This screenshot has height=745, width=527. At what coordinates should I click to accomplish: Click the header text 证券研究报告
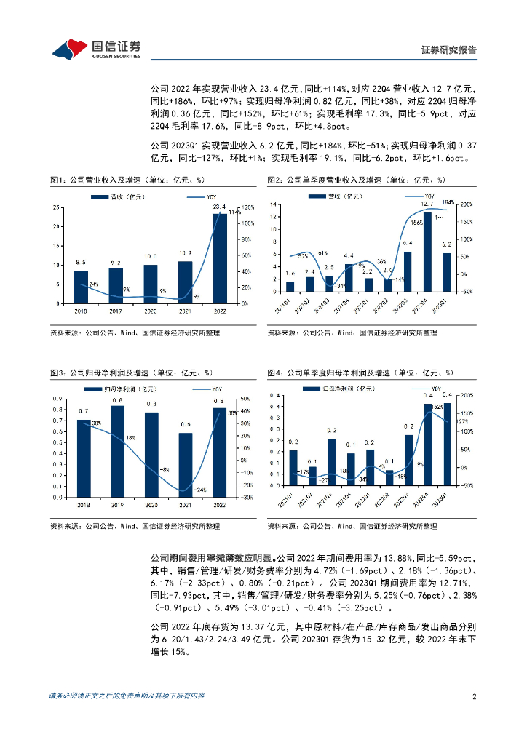pos(449,50)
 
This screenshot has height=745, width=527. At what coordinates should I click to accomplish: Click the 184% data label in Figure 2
pos(448,202)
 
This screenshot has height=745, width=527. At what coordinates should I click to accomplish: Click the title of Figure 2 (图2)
pos(356,180)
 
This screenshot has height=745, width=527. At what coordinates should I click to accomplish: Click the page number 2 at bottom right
pos(474,696)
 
